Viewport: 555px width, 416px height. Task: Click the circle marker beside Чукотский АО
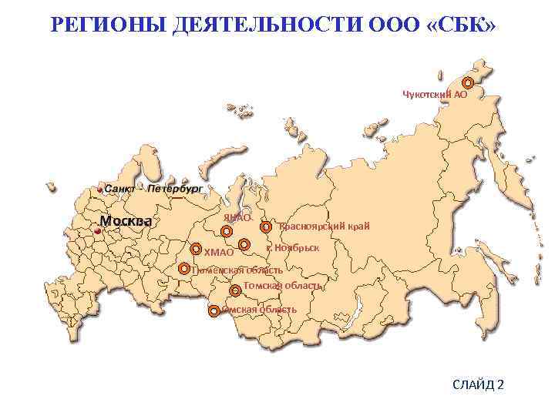coord(467,82)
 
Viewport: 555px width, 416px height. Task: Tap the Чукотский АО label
coord(435,94)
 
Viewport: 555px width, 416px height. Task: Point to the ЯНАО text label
coord(237,218)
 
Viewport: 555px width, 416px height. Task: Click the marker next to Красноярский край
coord(266,227)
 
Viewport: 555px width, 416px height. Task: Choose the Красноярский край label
coord(325,226)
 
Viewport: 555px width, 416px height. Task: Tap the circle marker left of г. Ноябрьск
coord(244,245)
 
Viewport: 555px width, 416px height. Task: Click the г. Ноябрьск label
coord(292,247)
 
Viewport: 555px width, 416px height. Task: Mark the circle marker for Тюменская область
coord(183,269)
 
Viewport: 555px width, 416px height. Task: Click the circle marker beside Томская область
coord(234,290)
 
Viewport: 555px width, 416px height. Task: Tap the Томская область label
coord(282,286)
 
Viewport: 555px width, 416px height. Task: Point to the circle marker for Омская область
coord(214,311)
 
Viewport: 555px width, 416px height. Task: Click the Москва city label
coord(125,221)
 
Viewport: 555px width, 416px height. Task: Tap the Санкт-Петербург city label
coord(153,188)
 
